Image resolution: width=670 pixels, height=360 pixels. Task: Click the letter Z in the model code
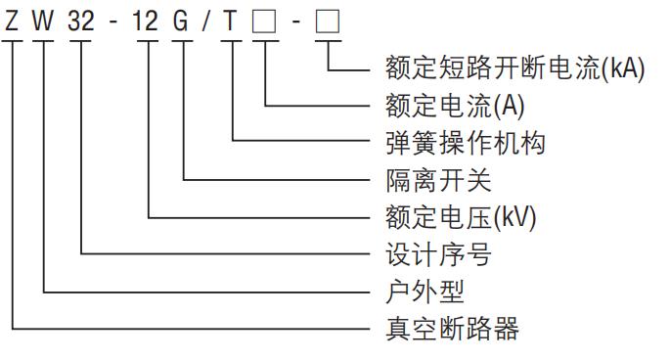tap(12, 21)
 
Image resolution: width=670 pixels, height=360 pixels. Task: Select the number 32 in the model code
tap(82, 21)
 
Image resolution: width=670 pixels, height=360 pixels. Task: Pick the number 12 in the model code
tap(146, 21)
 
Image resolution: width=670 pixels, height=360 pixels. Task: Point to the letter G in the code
tap(181, 21)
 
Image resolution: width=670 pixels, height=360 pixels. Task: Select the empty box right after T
tap(264, 21)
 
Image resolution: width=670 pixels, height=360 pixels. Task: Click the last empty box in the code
tap(326, 21)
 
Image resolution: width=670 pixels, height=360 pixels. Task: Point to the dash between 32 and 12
tap(114, 22)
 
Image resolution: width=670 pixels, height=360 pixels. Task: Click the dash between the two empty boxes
tap(294, 22)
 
